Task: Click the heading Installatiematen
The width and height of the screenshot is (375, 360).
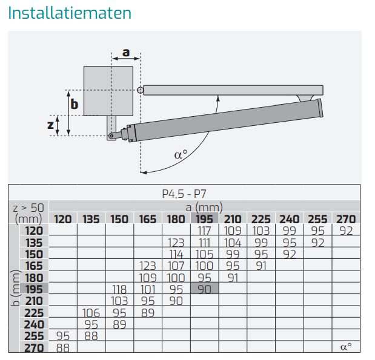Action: [x=70, y=13]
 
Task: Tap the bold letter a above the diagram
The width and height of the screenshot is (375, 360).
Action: [x=126, y=52]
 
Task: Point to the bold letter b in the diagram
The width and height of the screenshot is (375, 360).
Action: [x=75, y=104]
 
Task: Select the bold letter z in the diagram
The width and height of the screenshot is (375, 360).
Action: [x=50, y=125]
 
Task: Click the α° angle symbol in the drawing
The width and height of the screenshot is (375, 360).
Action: [x=181, y=154]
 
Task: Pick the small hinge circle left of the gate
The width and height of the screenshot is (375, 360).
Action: [x=141, y=90]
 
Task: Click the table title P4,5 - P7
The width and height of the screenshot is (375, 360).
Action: [x=184, y=194]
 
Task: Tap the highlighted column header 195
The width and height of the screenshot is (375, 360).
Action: [x=204, y=219]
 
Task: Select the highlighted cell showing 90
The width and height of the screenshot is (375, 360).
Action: [x=205, y=289]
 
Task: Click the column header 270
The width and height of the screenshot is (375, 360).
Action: [x=346, y=219]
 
